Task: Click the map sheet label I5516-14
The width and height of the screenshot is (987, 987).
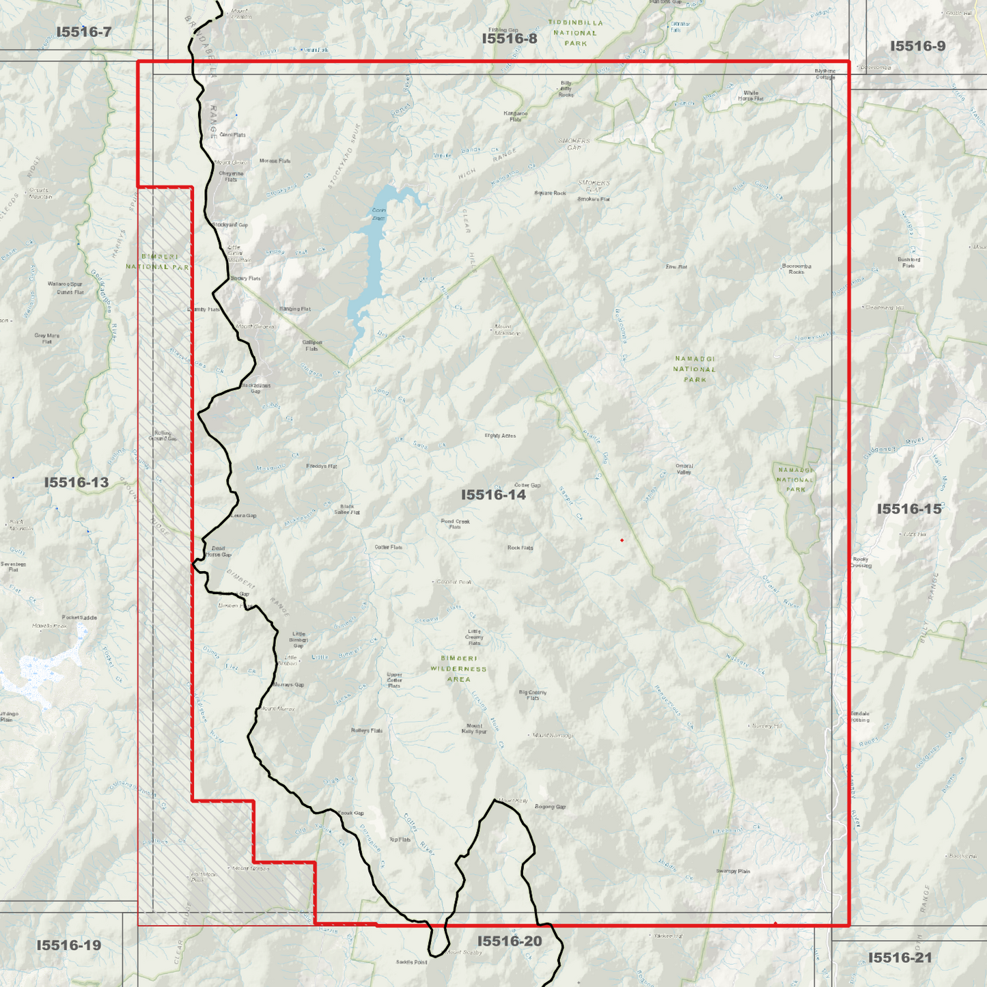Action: pyautogui.click(x=493, y=495)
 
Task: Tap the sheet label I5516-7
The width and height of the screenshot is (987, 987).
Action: pyautogui.click(x=83, y=32)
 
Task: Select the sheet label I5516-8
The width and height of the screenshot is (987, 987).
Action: pyautogui.click(x=509, y=39)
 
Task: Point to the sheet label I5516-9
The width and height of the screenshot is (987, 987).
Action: pyautogui.click(x=917, y=46)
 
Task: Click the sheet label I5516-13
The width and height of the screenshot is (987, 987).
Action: pyautogui.click(x=77, y=483)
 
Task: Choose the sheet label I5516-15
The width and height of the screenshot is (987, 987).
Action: pyautogui.click(x=908, y=510)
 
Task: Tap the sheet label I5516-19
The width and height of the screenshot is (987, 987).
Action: pyautogui.click(x=68, y=945)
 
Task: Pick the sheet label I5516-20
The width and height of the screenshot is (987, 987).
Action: pyautogui.click(x=509, y=941)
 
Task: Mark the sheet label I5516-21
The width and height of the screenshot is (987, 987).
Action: pyautogui.click(x=900, y=958)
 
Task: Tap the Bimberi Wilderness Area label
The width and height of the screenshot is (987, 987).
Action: pyautogui.click(x=458, y=669)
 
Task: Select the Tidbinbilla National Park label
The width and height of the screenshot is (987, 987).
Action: pyautogui.click(x=575, y=33)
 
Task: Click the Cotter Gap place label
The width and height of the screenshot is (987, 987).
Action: pyautogui.click(x=527, y=486)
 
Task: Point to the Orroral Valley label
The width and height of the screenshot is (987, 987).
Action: pyautogui.click(x=684, y=469)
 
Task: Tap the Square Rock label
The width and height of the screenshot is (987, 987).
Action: pyautogui.click(x=550, y=193)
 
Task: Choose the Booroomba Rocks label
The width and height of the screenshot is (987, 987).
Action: pyautogui.click(x=796, y=269)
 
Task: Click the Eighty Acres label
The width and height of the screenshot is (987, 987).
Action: pyautogui.click(x=500, y=436)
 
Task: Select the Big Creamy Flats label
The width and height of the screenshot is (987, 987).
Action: pyautogui.click(x=533, y=695)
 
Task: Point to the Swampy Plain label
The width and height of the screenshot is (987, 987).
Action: pyautogui.click(x=733, y=872)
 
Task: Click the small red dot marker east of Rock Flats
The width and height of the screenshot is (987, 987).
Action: pyautogui.click(x=622, y=540)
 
